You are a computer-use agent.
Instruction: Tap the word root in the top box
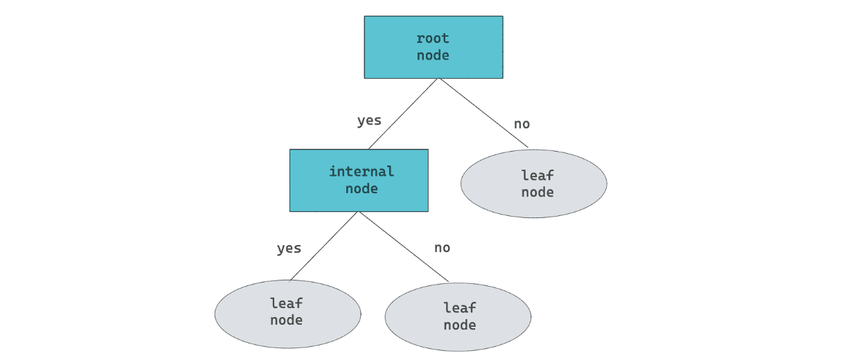tap(433, 38)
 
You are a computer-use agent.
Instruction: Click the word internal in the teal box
tap(361, 171)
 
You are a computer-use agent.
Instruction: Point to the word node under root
tap(433, 55)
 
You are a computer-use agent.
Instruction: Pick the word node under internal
tap(361, 188)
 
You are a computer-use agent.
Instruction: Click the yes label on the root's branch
tap(369, 120)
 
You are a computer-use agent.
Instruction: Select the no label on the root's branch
tap(521, 124)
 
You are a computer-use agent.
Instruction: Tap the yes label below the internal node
tap(289, 248)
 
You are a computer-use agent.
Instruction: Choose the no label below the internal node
tap(442, 248)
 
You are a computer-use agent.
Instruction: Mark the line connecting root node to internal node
tap(403, 114)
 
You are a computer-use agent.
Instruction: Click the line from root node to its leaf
tap(483, 113)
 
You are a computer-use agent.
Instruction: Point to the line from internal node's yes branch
tap(324, 246)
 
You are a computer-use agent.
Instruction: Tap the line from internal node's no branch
tap(403, 246)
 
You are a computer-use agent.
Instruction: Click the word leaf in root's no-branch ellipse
tap(537, 175)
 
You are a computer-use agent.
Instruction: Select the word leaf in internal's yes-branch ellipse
tap(287, 303)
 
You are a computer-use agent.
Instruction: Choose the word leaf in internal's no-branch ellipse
tap(460, 307)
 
